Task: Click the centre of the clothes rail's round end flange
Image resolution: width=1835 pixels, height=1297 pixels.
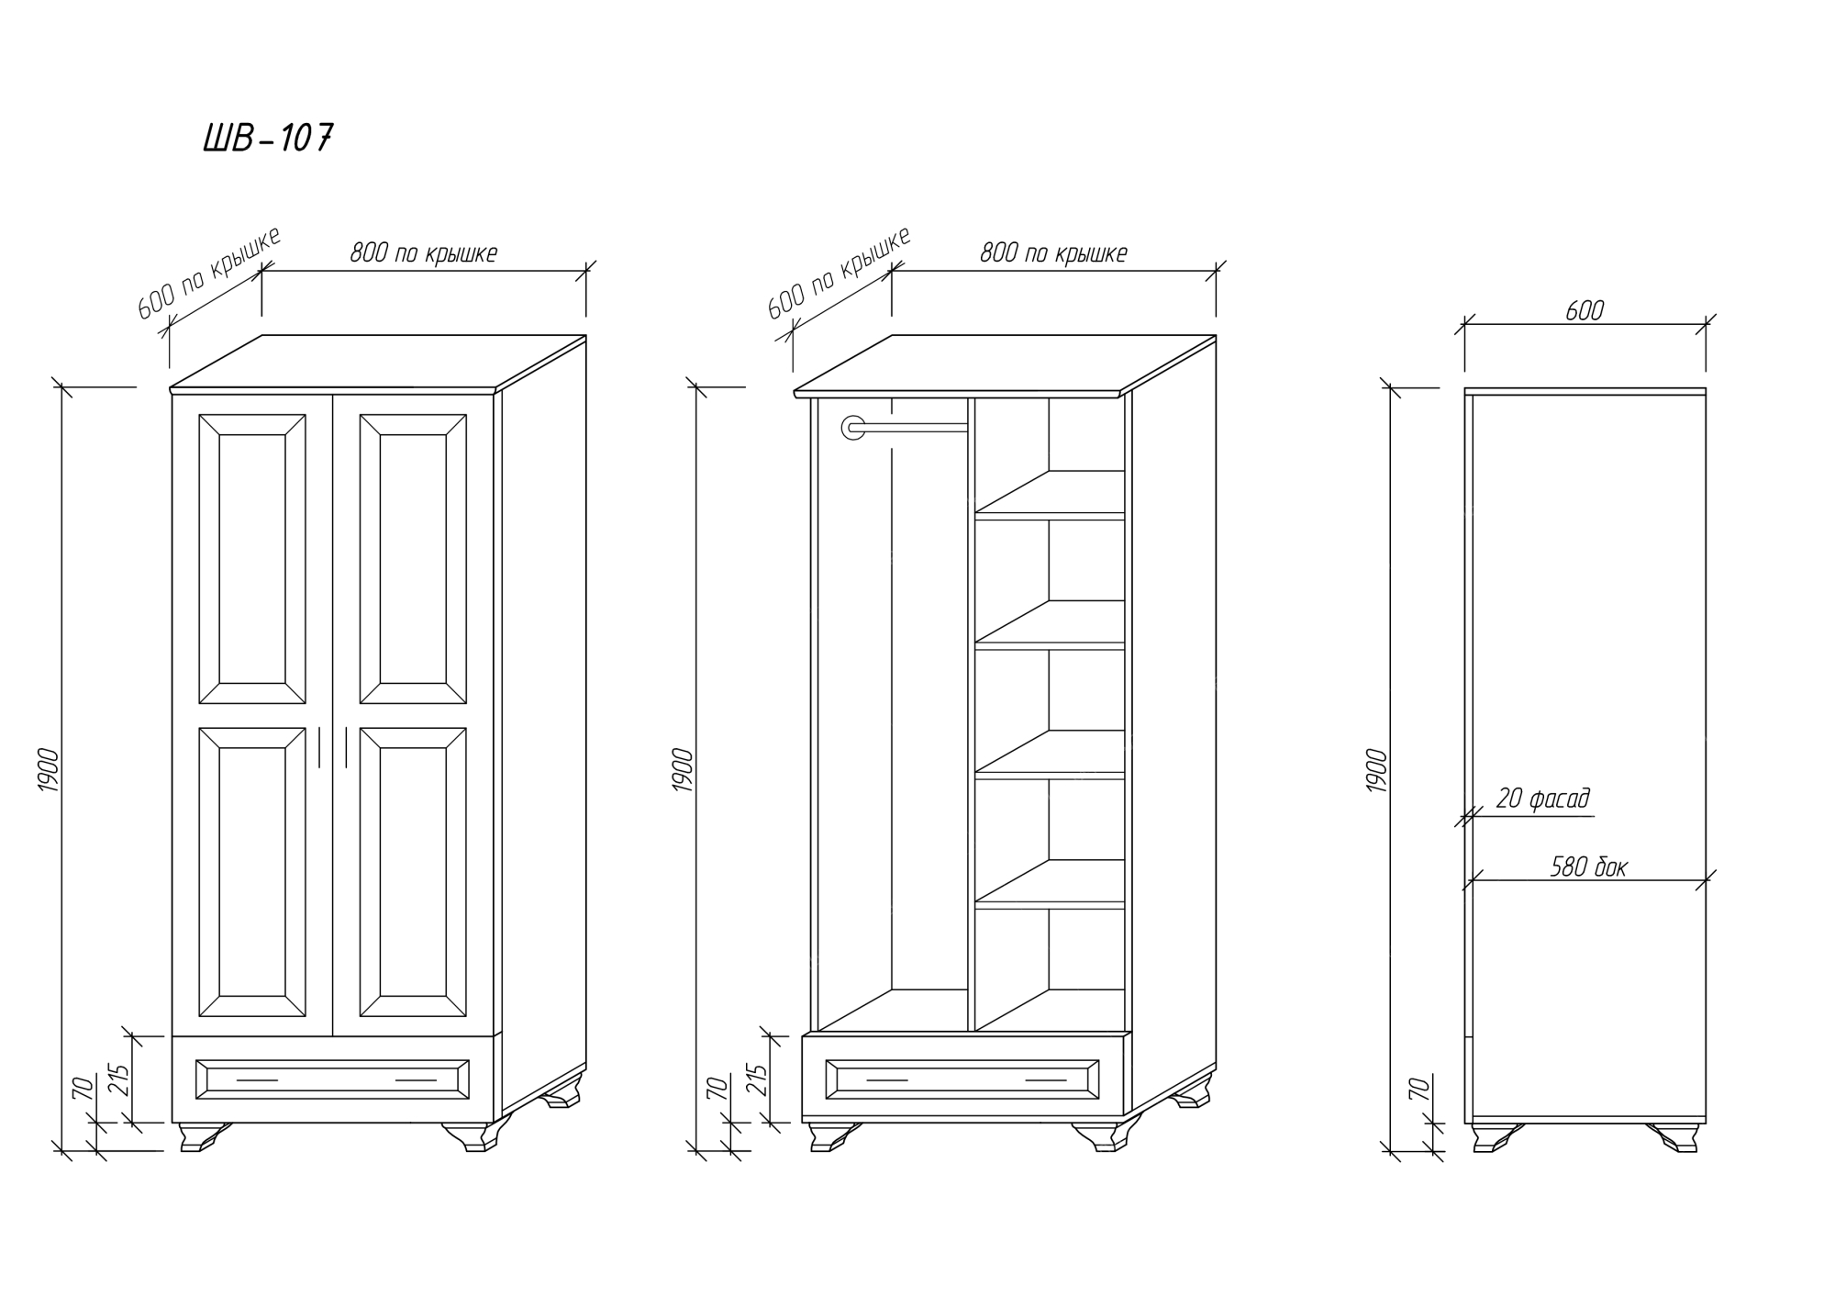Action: pos(853,427)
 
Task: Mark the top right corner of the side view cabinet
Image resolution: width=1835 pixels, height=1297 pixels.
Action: pos(1706,388)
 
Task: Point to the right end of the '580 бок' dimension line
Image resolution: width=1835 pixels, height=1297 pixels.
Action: pos(1706,880)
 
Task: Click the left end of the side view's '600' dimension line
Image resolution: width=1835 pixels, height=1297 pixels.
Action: pos(1464,323)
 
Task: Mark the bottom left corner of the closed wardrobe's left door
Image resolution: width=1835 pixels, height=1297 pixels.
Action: pos(172,1034)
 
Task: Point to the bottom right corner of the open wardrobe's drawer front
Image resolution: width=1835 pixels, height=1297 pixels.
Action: pos(1125,1117)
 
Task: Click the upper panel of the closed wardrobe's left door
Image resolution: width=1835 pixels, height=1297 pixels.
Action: pos(252,559)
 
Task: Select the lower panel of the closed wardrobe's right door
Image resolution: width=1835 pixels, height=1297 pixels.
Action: pos(413,872)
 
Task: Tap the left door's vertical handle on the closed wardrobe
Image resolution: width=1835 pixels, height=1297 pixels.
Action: pos(319,747)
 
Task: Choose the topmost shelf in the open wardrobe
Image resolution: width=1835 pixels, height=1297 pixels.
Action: pos(1050,496)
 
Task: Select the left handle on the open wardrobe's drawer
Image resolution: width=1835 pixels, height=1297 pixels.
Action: pos(886,1080)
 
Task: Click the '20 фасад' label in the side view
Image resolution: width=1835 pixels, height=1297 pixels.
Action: pos(1543,799)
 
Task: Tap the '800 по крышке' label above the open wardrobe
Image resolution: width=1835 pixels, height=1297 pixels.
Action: pos(1053,252)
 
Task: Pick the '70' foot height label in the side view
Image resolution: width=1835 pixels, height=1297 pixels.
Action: pos(1418,1090)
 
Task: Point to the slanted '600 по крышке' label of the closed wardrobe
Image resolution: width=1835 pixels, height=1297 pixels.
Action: pos(209,274)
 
